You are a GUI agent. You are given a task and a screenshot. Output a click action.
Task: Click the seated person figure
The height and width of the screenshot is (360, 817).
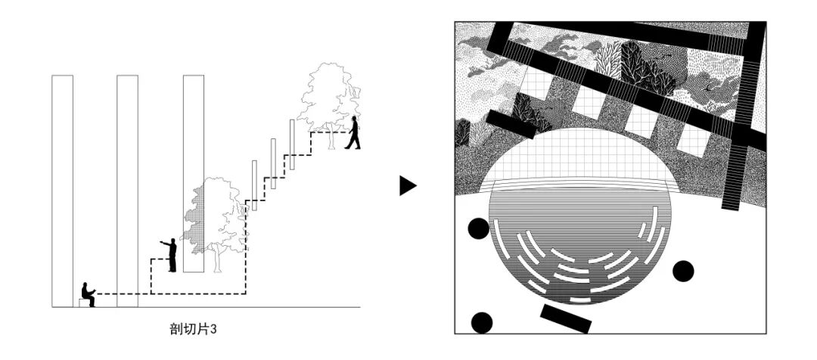89,293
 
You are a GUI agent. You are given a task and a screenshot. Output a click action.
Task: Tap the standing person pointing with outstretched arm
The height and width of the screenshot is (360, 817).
171,255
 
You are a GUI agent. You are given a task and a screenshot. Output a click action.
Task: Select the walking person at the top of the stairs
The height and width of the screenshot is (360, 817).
353,133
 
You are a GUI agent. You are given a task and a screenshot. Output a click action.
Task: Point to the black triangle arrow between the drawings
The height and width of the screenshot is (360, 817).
408,185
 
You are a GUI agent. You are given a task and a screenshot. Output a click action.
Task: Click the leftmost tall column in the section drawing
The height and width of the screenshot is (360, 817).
63,189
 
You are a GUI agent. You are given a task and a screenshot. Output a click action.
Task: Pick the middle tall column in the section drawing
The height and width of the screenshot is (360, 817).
127,189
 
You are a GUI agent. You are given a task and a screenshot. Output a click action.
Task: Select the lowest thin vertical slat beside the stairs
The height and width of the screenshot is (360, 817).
255,185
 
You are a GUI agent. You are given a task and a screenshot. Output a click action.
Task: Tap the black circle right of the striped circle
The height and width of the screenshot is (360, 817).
683,271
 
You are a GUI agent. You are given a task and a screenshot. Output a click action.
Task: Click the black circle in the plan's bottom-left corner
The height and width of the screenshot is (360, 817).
482,323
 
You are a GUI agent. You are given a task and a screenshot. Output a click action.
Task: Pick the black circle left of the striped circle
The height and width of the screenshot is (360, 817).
478,228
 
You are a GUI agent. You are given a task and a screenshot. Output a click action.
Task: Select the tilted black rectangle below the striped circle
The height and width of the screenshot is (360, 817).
566,318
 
